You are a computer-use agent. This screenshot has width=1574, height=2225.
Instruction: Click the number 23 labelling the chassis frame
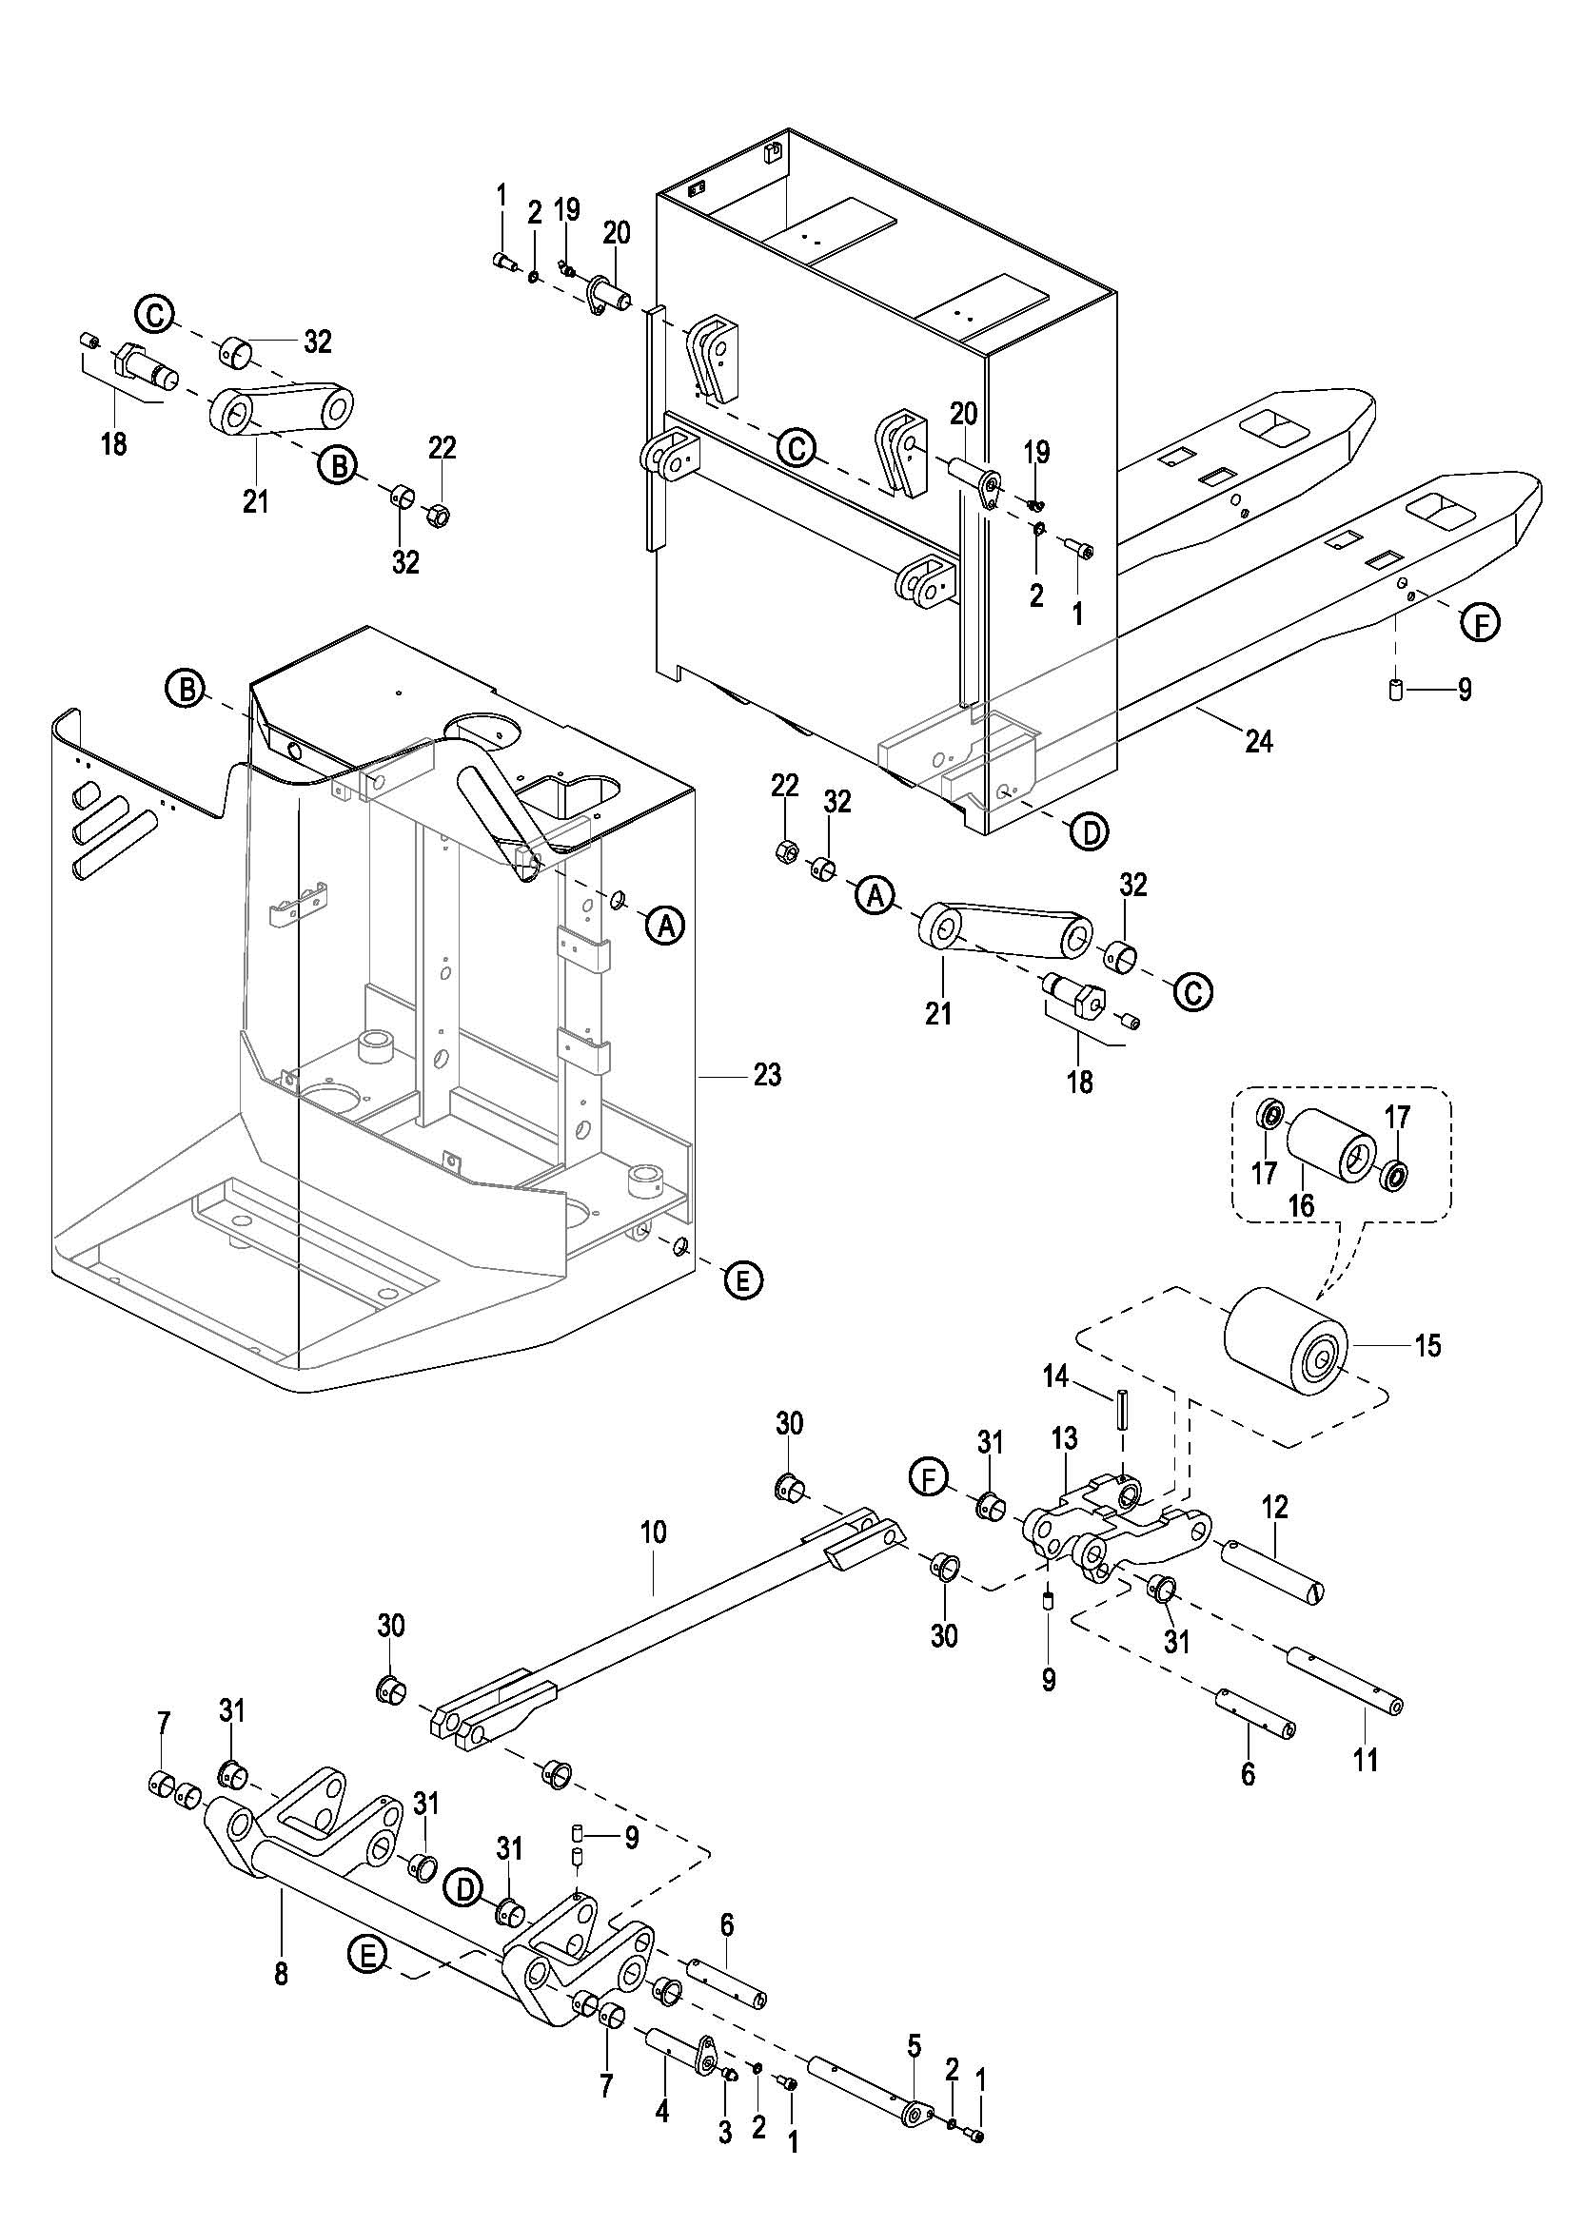(767, 1075)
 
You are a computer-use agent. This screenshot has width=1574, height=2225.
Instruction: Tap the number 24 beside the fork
(1258, 742)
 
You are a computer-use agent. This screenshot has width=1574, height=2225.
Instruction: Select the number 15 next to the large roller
(1427, 1345)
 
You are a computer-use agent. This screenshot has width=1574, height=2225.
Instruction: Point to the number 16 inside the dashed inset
(1301, 1205)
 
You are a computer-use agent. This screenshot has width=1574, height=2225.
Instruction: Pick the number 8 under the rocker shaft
(281, 1974)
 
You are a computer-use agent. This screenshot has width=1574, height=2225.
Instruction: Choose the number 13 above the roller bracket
(1064, 1438)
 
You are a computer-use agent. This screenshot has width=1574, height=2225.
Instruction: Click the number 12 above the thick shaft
(1275, 1507)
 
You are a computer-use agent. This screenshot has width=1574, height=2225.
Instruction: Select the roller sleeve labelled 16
(1329, 1146)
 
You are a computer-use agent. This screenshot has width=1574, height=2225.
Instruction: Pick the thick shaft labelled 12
(1272, 1561)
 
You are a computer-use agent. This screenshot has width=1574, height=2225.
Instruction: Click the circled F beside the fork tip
(1480, 623)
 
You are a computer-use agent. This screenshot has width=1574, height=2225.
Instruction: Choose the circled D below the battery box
(1092, 832)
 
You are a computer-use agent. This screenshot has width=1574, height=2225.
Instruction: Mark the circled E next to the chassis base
(743, 1280)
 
